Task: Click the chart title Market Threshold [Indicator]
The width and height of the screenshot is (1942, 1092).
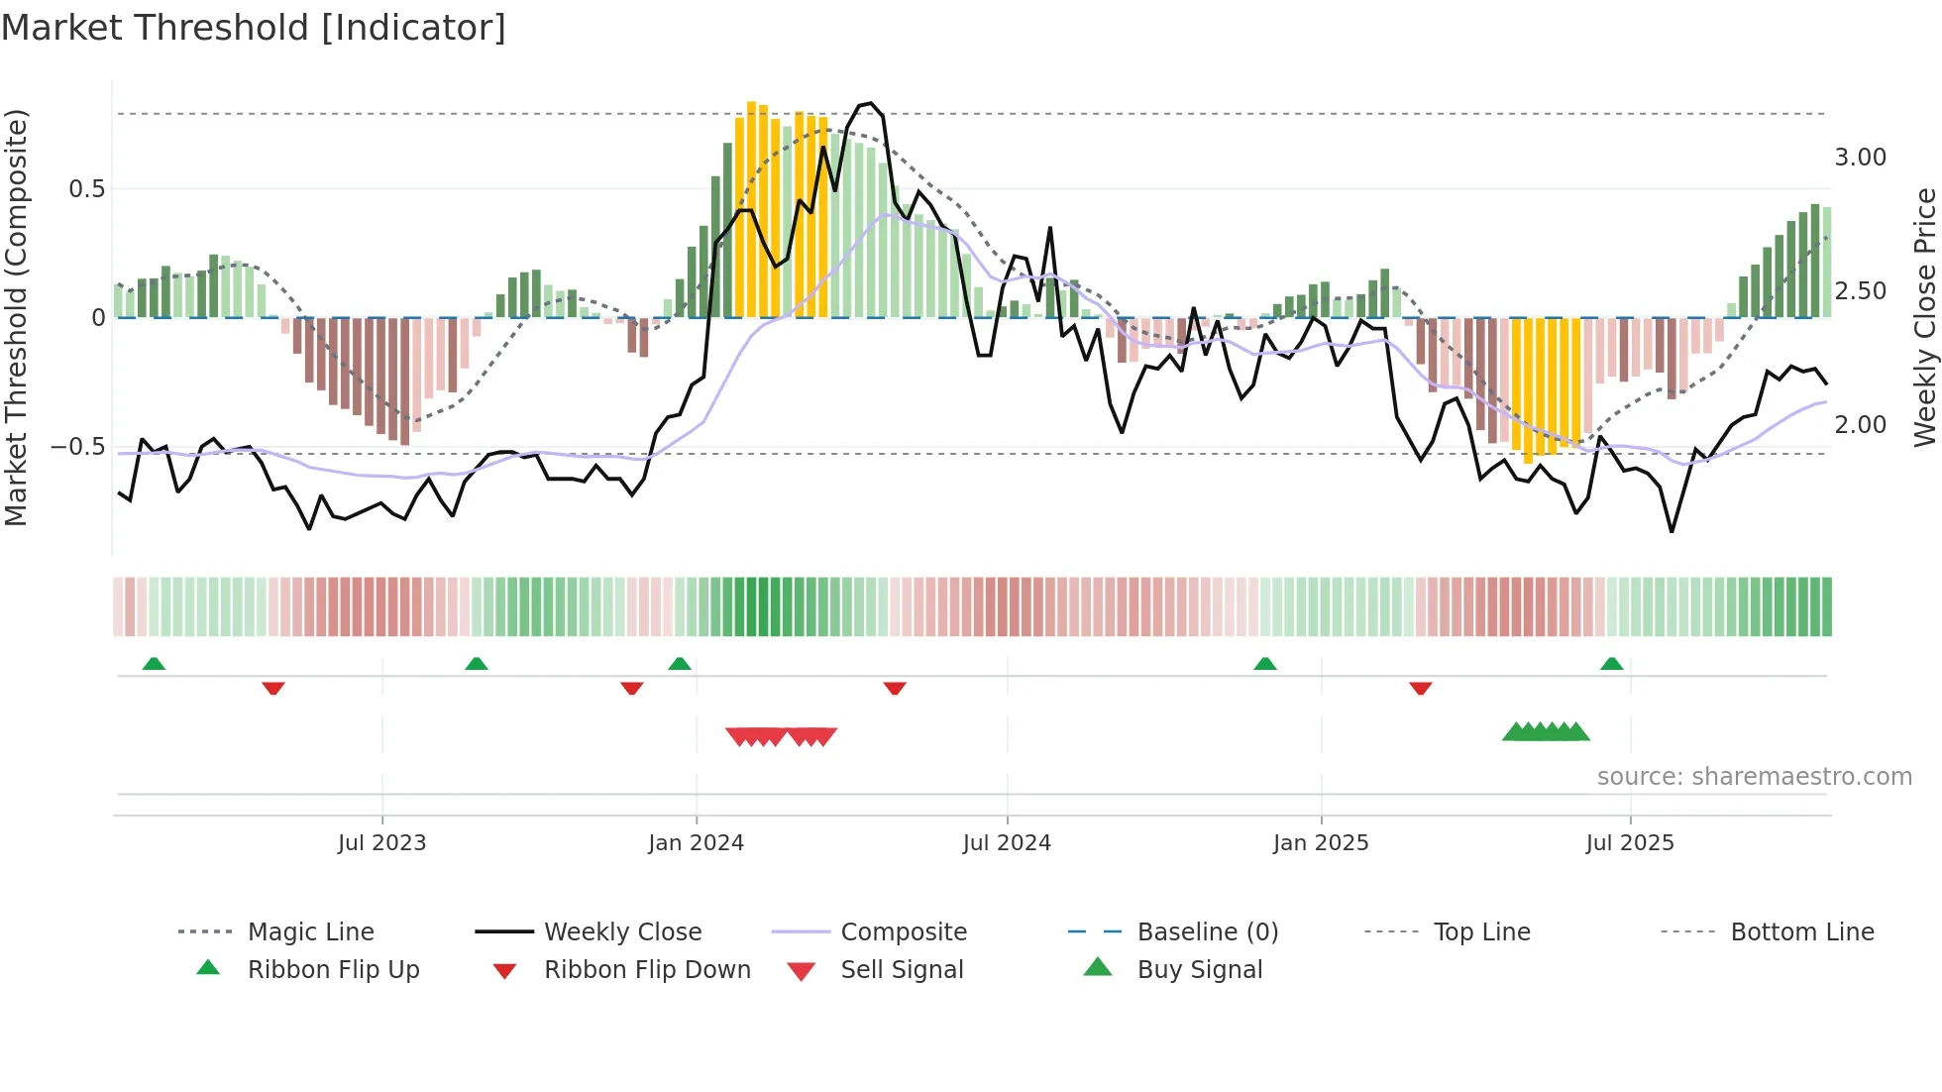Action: click(254, 28)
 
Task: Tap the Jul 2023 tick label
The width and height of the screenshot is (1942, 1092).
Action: click(381, 843)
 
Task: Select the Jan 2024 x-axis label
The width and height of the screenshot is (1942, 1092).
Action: click(696, 843)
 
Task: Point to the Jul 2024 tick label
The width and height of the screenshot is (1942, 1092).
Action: click(1007, 843)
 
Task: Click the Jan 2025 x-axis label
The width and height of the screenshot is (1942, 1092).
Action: click(1321, 843)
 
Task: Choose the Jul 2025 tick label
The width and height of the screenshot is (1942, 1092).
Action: click(1630, 843)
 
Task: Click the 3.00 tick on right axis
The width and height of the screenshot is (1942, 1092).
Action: click(1860, 158)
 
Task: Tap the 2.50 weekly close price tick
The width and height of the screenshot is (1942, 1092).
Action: click(1860, 291)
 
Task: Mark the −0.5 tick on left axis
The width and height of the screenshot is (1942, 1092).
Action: click(78, 447)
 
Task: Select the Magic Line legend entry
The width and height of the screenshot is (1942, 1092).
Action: click(310, 932)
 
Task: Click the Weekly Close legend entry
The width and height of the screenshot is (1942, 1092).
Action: click(622, 932)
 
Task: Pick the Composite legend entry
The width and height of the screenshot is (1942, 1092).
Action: click(903, 932)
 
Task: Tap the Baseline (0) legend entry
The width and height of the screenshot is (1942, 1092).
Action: click(1207, 932)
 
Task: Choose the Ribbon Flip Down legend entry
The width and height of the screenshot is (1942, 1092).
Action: click(646, 970)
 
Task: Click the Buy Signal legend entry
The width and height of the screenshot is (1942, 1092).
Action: click(1199, 970)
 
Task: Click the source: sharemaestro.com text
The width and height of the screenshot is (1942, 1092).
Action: click(1754, 777)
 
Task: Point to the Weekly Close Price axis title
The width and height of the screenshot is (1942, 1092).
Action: click(1924, 317)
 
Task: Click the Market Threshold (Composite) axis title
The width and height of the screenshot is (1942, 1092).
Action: click(16, 317)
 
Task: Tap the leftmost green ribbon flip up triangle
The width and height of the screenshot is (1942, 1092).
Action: click(154, 664)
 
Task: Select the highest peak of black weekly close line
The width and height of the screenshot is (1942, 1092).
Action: click(870, 103)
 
